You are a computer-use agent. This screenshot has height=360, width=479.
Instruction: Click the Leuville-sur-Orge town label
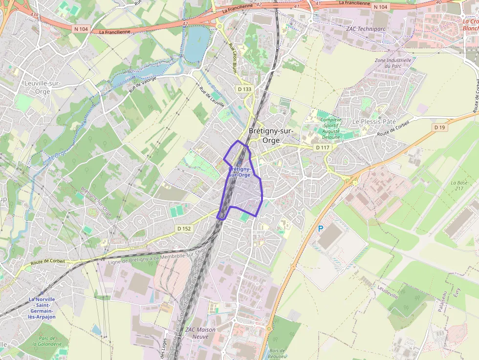[42, 87]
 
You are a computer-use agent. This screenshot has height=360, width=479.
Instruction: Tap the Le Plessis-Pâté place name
[374, 121]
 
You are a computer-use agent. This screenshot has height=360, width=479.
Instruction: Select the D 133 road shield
[244, 89]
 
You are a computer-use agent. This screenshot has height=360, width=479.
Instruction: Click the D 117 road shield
[322, 147]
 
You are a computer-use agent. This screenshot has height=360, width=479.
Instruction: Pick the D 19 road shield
[440, 127]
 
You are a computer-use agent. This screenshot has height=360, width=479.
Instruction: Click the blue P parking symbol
[321, 228]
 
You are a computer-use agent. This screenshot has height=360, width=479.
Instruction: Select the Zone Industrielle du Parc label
[393, 63]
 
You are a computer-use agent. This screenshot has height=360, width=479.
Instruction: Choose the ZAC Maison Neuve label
[200, 333]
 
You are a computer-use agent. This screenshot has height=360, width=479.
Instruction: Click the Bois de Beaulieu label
[277, 353]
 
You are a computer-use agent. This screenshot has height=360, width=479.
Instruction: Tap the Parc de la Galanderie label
[47, 341]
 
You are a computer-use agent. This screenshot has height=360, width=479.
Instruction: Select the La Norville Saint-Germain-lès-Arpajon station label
[42, 308]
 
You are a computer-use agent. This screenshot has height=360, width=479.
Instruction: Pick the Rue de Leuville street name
[212, 97]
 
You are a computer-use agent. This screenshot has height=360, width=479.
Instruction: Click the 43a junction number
[34, 15]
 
